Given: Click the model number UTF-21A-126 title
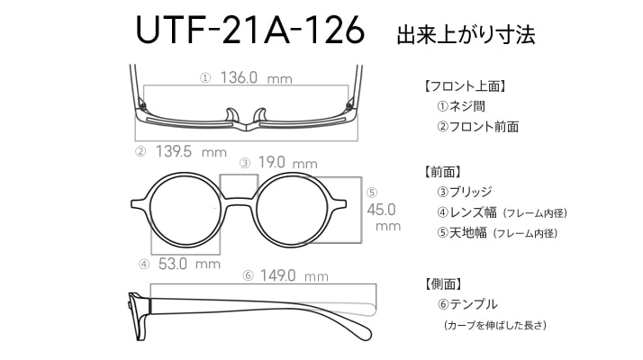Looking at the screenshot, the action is [x=249, y=30].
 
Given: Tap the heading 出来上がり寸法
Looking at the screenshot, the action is [x=466, y=34].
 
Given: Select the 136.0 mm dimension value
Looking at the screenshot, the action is [x=256, y=77].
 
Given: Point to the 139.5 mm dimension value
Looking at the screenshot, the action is [x=191, y=152].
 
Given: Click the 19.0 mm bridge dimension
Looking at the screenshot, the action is [x=287, y=163].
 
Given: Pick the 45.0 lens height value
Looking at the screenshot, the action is [x=381, y=210].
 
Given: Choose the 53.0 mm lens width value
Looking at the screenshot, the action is [x=189, y=264].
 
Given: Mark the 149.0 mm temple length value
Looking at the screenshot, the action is [x=294, y=275].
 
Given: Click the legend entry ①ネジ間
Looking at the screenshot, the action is [x=461, y=106].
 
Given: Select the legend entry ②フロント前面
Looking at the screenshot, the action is [x=477, y=126].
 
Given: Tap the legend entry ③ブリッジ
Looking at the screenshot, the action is [x=464, y=192].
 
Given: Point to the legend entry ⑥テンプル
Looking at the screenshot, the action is [x=467, y=304].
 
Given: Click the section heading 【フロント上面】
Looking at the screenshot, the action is [x=464, y=86].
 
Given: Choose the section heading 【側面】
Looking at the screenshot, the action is [x=443, y=283].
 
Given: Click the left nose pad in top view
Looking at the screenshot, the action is [x=231, y=115].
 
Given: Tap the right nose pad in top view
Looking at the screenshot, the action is [x=260, y=115].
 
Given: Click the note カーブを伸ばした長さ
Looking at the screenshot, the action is [x=495, y=325].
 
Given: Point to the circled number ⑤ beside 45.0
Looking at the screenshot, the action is [x=372, y=193].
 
